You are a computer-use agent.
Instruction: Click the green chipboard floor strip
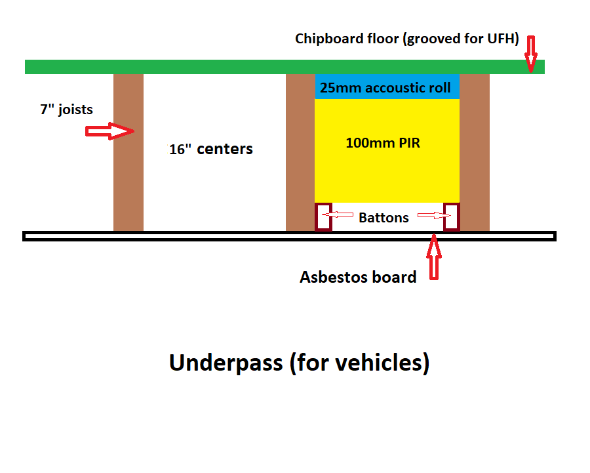coord(285,67)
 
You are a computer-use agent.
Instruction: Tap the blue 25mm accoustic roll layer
coord(387,87)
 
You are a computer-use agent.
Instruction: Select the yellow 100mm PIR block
coord(387,151)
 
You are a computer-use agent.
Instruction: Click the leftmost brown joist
coord(128,152)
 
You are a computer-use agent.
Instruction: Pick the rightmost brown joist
coord(475,152)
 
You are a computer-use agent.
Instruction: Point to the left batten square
coord(323,217)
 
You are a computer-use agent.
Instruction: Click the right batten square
coord(452,217)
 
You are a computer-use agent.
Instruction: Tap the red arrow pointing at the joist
coord(110,131)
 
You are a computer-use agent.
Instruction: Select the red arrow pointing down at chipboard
coord(531,54)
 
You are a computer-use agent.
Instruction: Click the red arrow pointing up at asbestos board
coord(434,257)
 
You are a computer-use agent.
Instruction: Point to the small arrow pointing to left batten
coord(338,215)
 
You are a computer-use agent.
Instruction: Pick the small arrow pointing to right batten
coord(435,215)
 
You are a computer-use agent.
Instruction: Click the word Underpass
coord(226,363)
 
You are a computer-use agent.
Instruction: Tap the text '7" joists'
coord(67,109)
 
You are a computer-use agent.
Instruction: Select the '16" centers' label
coord(210,149)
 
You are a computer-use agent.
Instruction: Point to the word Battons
coord(383,218)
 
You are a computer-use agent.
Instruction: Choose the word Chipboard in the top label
coord(324,39)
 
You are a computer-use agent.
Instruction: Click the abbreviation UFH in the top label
coord(501,39)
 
